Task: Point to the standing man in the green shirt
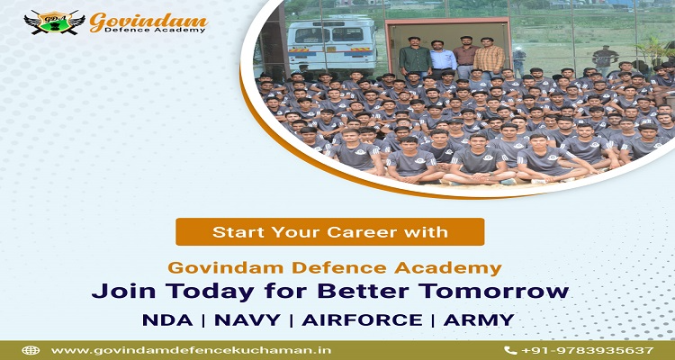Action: (x=415, y=58)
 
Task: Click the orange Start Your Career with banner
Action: (x=329, y=231)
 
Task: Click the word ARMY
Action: (x=478, y=319)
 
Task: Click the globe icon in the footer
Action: (x=31, y=350)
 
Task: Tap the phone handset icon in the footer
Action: (x=510, y=350)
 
